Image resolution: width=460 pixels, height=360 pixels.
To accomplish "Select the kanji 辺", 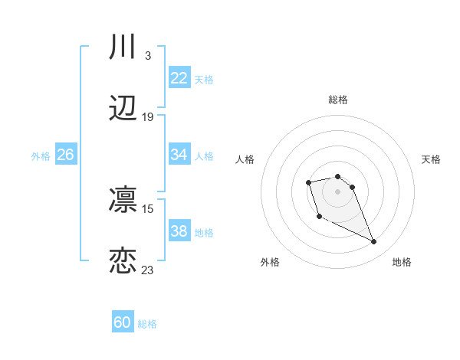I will click(x=123, y=109).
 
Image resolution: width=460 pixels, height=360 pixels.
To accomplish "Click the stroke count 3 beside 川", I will click(x=147, y=56).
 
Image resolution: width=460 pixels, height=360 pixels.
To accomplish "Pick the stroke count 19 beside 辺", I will click(x=148, y=117).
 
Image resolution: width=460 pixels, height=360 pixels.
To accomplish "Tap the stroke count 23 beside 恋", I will click(x=148, y=270).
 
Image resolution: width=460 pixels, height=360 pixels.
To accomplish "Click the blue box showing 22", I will click(x=179, y=78).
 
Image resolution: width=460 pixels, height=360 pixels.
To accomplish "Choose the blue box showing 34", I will click(x=179, y=155).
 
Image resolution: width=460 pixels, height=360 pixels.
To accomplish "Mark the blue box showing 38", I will click(x=179, y=231).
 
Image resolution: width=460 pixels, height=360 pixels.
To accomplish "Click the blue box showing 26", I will click(x=66, y=155).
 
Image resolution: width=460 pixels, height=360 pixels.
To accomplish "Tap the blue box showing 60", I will click(x=123, y=322).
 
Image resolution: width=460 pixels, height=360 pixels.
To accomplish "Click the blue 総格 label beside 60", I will click(x=147, y=324).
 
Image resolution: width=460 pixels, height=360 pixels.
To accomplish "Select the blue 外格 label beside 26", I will click(x=41, y=156).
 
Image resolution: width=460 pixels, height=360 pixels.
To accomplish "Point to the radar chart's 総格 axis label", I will click(x=338, y=100).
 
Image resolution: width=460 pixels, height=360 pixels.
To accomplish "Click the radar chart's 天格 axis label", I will click(x=432, y=159).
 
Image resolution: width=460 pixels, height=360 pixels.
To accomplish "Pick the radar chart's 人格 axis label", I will click(x=245, y=159).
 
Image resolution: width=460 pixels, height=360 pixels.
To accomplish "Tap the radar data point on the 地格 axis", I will click(x=374, y=242).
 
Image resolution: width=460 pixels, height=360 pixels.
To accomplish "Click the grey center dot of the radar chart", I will click(x=338, y=191).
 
